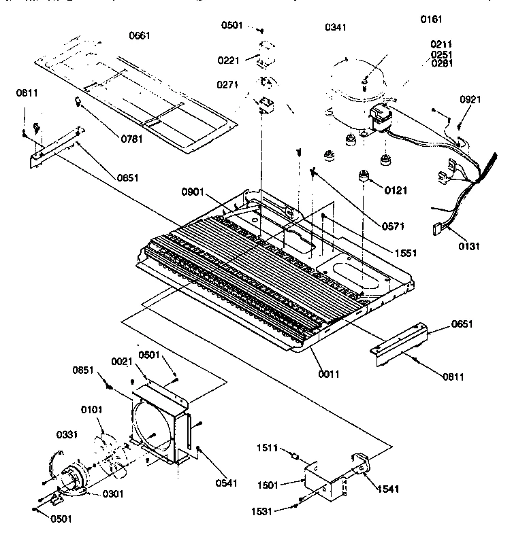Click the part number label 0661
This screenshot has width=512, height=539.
[x=140, y=35]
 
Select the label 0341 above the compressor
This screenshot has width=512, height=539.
[x=336, y=27]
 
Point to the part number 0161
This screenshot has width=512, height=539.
[x=432, y=20]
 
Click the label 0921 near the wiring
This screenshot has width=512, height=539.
[x=470, y=99]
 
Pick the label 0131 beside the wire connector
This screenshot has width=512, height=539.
[x=469, y=246]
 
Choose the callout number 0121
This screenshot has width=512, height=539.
[x=396, y=191]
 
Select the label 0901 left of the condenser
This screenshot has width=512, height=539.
[x=193, y=191]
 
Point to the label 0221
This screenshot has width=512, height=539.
[x=229, y=60]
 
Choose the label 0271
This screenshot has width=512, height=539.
[x=229, y=86]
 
